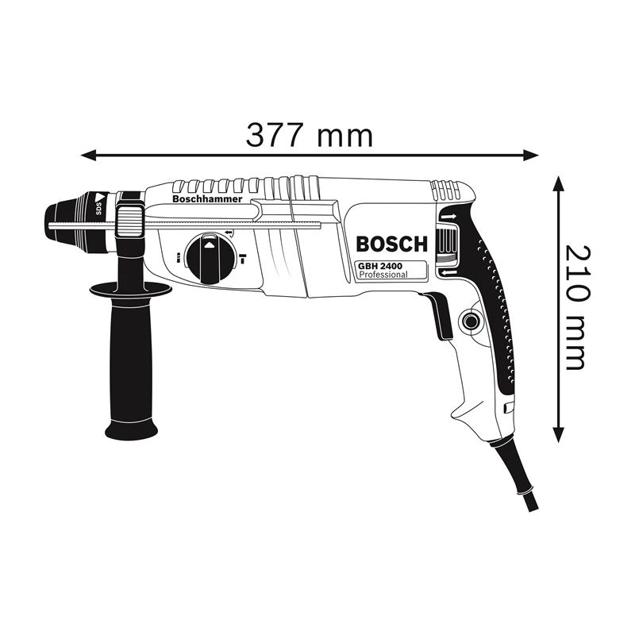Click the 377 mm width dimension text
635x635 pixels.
pos(310,135)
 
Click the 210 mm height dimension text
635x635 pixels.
pos(573,307)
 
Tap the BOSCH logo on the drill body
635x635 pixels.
pos(391,244)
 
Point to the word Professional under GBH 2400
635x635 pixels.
pos(383,275)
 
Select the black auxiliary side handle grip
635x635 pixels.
pos(130,357)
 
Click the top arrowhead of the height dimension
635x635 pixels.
pos(559,184)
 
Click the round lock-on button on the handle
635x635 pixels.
pos(469,322)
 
